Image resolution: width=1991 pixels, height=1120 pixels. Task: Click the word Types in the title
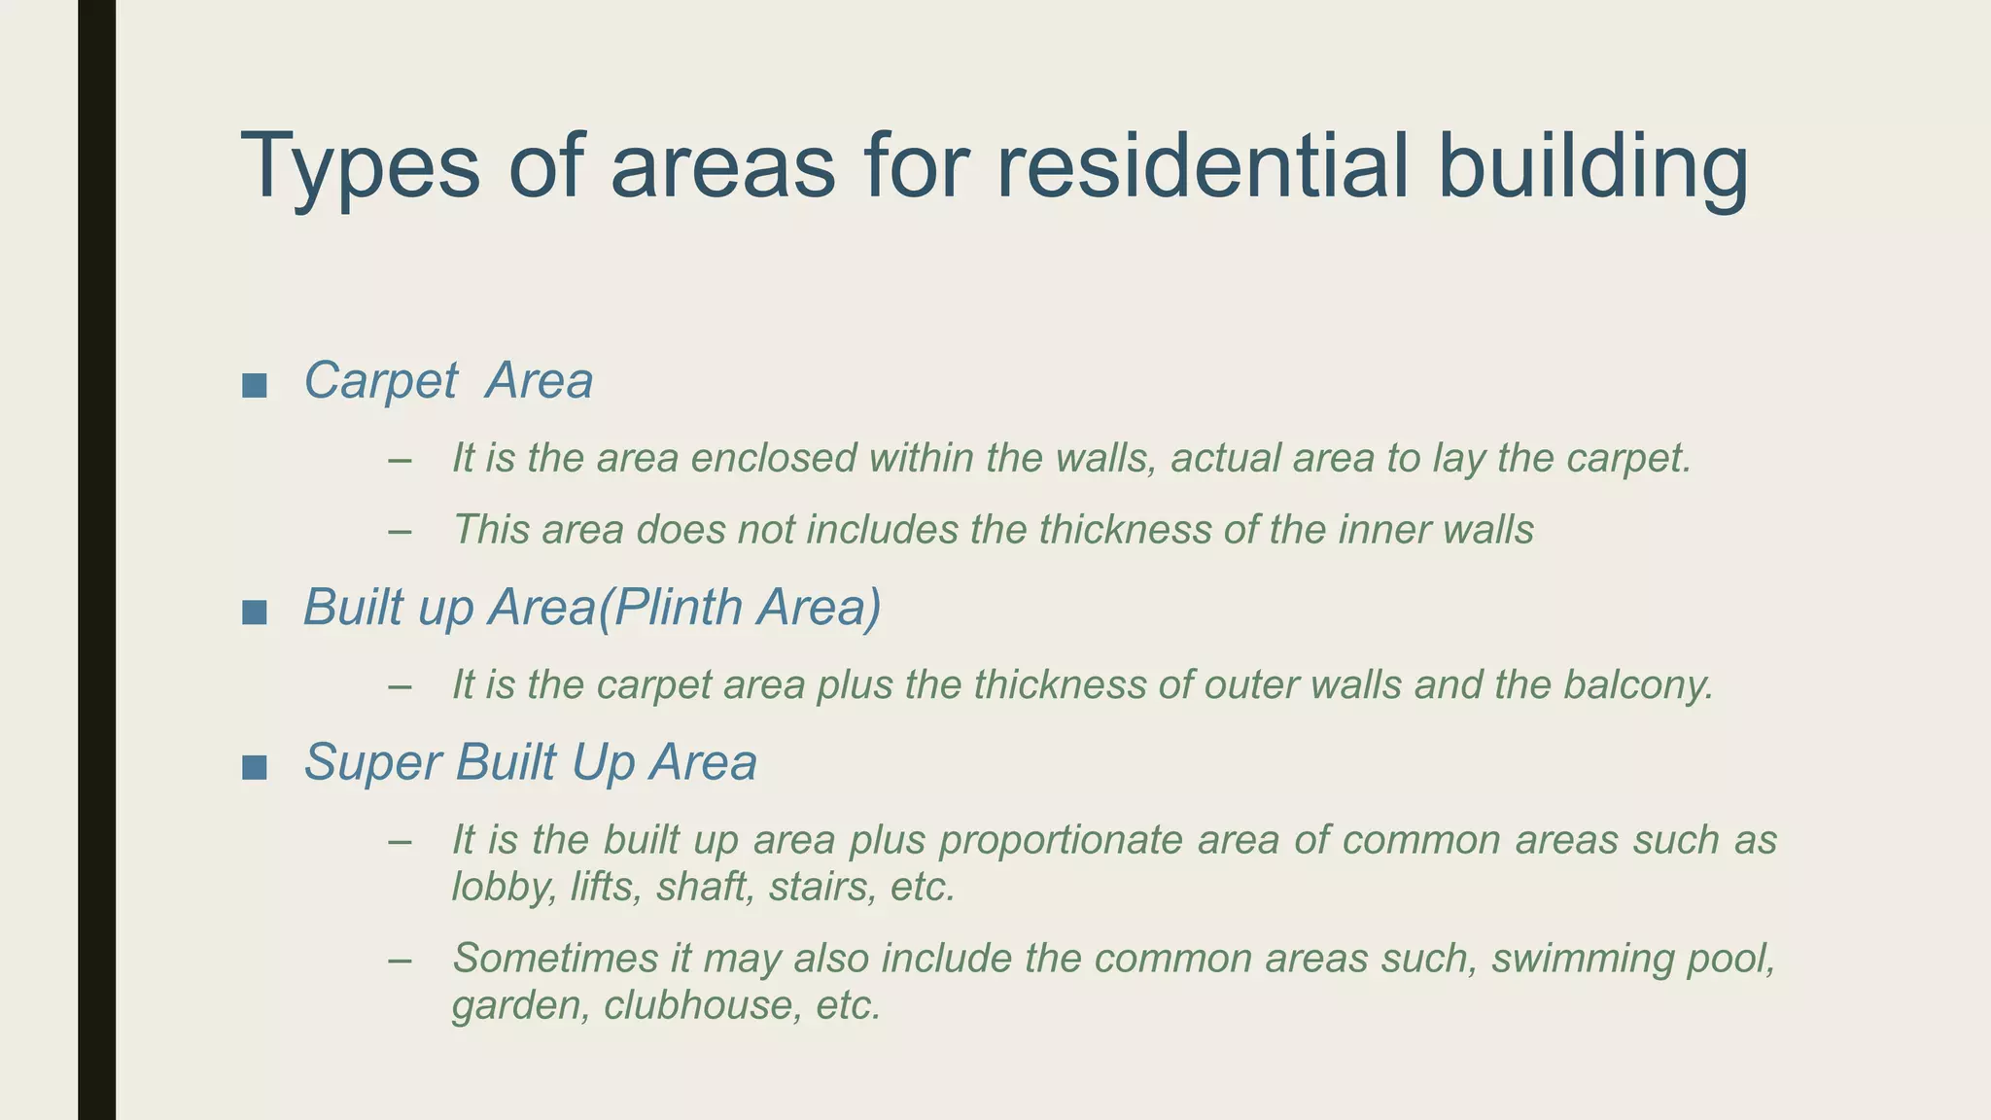[x=361, y=167]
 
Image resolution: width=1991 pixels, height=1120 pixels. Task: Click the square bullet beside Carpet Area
[x=255, y=385]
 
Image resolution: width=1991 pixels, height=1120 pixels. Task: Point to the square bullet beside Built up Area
[x=255, y=612]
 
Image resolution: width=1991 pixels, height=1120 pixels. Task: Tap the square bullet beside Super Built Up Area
[x=255, y=767]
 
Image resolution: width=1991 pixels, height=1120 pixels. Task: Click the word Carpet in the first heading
[x=380, y=381]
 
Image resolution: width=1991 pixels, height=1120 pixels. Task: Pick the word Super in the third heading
[x=373, y=763]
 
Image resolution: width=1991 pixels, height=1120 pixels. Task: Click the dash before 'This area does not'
[x=399, y=531]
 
